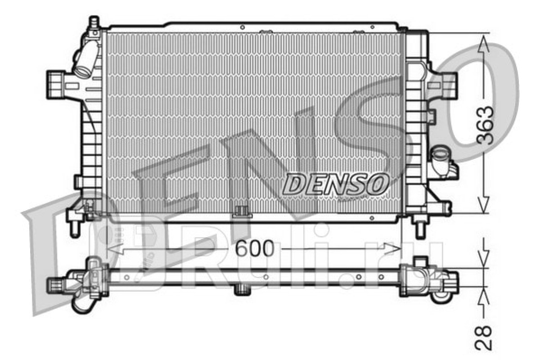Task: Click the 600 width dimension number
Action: (255, 248)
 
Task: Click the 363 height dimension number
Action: (485, 126)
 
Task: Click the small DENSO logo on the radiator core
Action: (336, 184)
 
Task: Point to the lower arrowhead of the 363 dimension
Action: (483, 205)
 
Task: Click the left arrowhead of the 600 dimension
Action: (115, 248)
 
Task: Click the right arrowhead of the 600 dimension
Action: (392, 248)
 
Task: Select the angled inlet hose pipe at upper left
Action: (87, 59)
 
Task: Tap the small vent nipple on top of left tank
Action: (94, 22)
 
